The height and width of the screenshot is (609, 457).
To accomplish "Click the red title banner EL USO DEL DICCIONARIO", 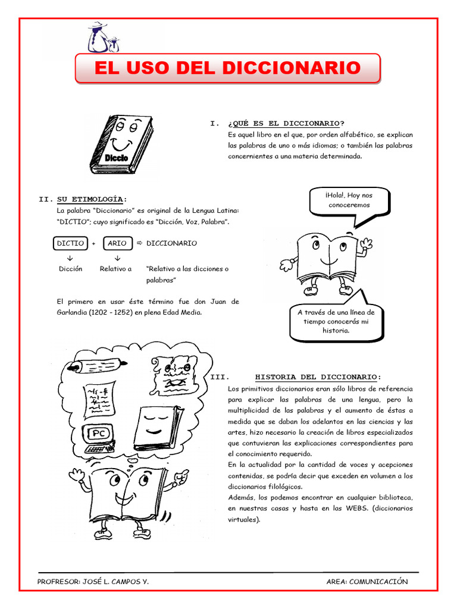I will click(x=227, y=68).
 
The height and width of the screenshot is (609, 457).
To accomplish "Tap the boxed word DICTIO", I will click(x=70, y=243).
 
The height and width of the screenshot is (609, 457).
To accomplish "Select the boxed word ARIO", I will click(x=117, y=243).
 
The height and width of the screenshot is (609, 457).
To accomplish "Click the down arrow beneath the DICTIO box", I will click(x=70, y=258).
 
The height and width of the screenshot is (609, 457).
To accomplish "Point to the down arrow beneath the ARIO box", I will click(x=117, y=258).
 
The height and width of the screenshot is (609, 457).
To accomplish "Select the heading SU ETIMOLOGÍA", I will click(x=92, y=199).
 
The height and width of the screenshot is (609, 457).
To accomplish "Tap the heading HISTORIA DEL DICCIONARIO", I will click(x=318, y=377).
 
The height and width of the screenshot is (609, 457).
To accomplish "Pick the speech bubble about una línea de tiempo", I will click(x=336, y=321).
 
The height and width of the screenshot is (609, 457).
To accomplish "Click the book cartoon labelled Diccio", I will click(x=121, y=145).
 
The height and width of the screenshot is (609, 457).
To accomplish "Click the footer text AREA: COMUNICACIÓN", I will click(x=367, y=582).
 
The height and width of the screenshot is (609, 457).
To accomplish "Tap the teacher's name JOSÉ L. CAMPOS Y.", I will click(x=114, y=582).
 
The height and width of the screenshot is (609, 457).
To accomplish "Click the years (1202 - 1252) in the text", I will click(x=99, y=312).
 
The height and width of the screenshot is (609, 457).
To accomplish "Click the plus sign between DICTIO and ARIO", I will click(x=94, y=244).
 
